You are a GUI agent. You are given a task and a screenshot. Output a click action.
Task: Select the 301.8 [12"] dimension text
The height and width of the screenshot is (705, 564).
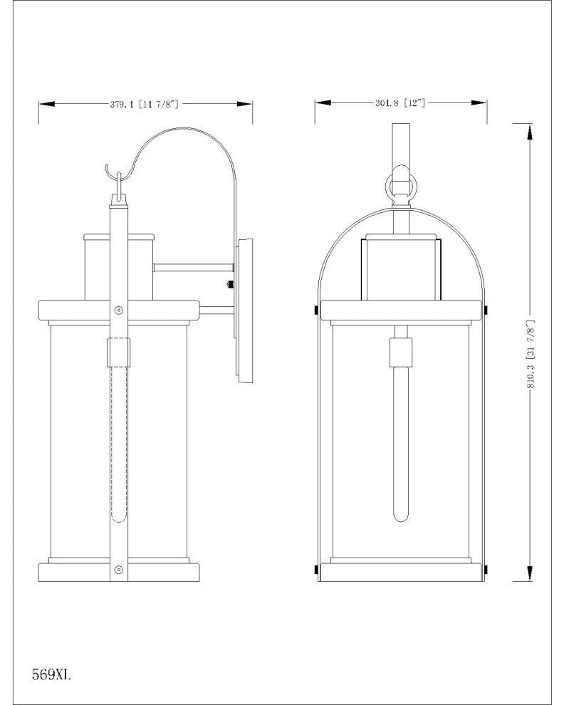[x=400, y=103]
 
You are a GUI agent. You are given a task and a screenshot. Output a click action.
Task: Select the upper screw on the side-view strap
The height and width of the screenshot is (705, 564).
[x=118, y=310]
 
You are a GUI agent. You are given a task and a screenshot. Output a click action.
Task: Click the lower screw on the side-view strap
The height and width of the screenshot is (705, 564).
[x=118, y=569]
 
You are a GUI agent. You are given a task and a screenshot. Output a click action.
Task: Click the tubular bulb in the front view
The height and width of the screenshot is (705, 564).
[x=401, y=442]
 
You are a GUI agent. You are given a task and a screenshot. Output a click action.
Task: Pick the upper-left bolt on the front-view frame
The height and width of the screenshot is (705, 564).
[x=318, y=310]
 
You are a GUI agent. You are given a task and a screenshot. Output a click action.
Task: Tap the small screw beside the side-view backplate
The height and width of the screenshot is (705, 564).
[x=229, y=286]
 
